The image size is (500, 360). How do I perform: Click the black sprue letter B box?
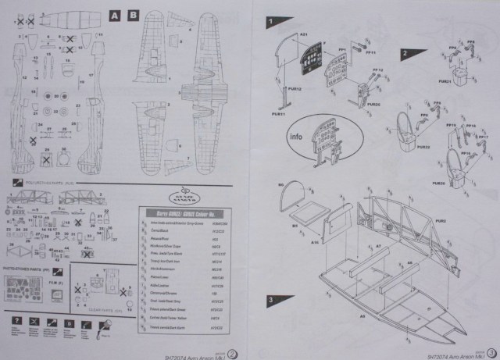[133, 16]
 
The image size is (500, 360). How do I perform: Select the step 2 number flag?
[405, 53]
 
